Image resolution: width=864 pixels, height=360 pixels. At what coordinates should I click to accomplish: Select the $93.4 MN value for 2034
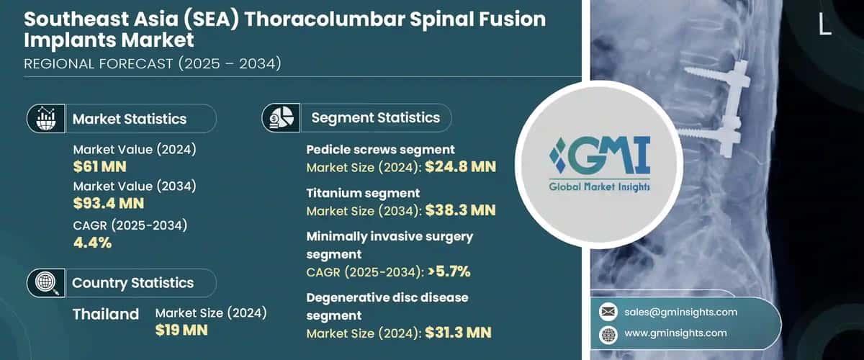(x=109, y=203)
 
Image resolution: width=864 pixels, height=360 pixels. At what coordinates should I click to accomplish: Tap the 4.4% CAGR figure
(x=92, y=242)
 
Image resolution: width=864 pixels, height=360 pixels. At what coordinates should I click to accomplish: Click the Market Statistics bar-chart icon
(x=46, y=118)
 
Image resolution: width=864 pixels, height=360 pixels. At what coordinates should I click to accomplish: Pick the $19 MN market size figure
(x=181, y=330)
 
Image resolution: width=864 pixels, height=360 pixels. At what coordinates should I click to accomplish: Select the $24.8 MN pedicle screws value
(x=461, y=168)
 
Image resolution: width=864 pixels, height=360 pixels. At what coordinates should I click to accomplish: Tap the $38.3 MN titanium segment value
(x=461, y=211)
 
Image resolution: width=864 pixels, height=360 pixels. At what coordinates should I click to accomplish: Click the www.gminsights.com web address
(x=676, y=333)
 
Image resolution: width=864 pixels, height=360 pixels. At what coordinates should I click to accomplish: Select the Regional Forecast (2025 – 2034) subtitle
(x=152, y=64)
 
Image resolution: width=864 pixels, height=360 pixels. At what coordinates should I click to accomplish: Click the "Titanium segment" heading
(x=363, y=193)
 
